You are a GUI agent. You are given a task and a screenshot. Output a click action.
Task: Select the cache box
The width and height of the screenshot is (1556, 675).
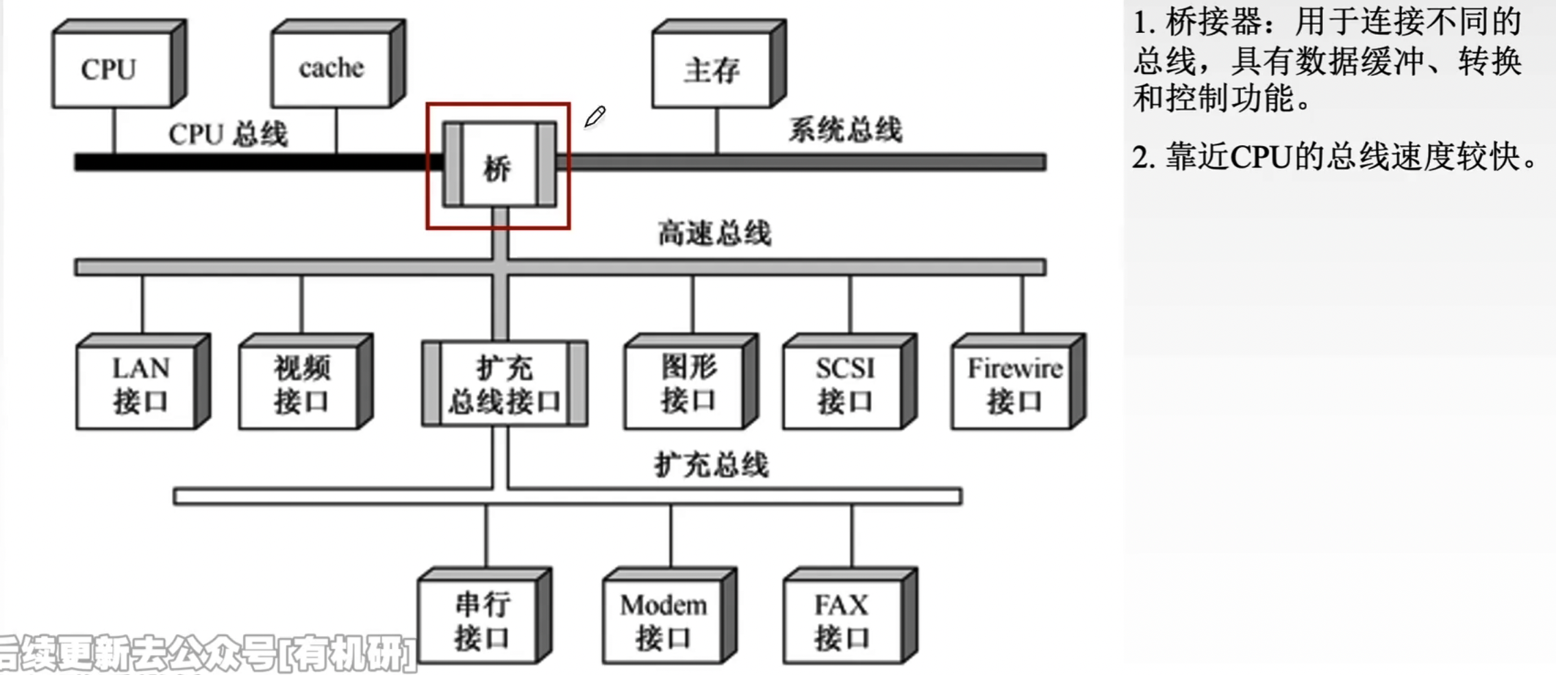331,69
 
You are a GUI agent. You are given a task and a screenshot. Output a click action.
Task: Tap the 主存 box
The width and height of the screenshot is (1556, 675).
712,71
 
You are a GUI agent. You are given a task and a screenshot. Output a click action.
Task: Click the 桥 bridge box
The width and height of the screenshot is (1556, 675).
499,166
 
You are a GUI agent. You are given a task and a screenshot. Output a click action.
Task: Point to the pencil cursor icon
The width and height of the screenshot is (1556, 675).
594,116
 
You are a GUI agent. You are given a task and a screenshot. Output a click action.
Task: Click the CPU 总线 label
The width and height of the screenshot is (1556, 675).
228,134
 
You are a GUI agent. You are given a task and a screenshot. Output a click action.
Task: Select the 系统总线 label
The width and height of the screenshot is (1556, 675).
845,130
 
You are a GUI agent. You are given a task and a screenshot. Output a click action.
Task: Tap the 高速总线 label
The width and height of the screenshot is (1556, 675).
714,233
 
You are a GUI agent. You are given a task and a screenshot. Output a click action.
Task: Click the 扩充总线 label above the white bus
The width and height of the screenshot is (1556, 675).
711,466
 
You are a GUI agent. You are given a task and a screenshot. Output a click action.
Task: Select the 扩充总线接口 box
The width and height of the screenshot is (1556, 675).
505,385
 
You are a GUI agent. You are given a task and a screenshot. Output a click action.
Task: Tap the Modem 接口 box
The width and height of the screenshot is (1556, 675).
663,621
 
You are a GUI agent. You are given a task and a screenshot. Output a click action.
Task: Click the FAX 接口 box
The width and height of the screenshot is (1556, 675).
842,621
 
